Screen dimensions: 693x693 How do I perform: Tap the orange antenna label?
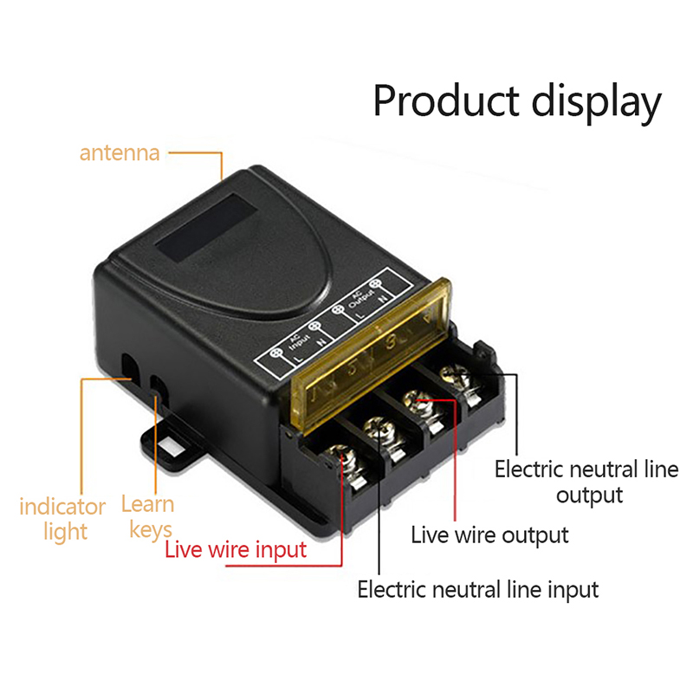pos(120,153)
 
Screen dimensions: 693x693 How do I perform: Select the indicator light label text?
pos(62,518)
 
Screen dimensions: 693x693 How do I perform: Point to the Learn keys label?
pos(148,516)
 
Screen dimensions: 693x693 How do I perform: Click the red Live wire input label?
pos(236,549)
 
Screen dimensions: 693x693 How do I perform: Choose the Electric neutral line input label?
pos(478,590)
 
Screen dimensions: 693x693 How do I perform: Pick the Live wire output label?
pos(489,534)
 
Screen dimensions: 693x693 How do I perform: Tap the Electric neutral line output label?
pos(589,483)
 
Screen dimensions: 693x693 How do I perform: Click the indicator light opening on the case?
pos(129,366)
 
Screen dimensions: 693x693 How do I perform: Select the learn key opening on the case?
pos(157,386)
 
